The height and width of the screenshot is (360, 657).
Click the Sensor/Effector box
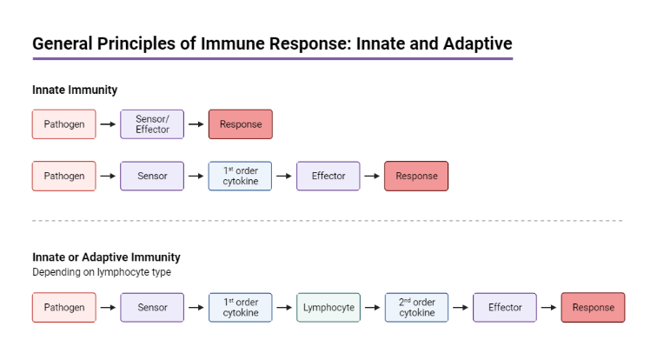pyautogui.click(x=152, y=124)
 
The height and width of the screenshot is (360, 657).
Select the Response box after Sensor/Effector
pyautogui.click(x=241, y=124)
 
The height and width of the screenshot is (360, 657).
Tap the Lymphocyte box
pyautogui.click(x=328, y=307)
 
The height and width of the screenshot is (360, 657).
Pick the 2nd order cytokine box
pyautogui.click(x=416, y=307)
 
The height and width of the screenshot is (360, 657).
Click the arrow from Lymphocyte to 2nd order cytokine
pyautogui.click(x=373, y=307)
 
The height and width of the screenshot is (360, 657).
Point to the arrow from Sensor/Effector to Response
pyautogui.click(x=196, y=124)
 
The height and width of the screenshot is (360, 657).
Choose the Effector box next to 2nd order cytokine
pyautogui.click(x=505, y=307)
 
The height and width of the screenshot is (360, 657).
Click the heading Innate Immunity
pyautogui.click(x=75, y=90)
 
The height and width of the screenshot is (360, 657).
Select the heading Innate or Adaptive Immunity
pyautogui.click(x=106, y=257)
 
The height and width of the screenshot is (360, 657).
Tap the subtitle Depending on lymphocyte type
pyautogui.click(x=102, y=272)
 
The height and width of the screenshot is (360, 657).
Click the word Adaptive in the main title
pyautogui.click(x=478, y=43)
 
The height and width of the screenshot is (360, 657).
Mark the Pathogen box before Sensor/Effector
pyautogui.click(x=64, y=124)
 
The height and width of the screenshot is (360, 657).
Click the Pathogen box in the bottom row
pyautogui.click(x=64, y=307)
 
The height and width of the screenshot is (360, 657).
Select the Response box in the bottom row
pyautogui.click(x=593, y=307)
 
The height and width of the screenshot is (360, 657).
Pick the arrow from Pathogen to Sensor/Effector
pyautogui.click(x=108, y=124)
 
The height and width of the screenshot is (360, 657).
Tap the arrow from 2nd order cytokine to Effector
pyautogui.click(x=461, y=307)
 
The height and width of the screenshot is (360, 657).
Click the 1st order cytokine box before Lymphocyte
pyautogui.click(x=241, y=307)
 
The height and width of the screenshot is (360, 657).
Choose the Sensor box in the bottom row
pyautogui.click(x=152, y=307)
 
